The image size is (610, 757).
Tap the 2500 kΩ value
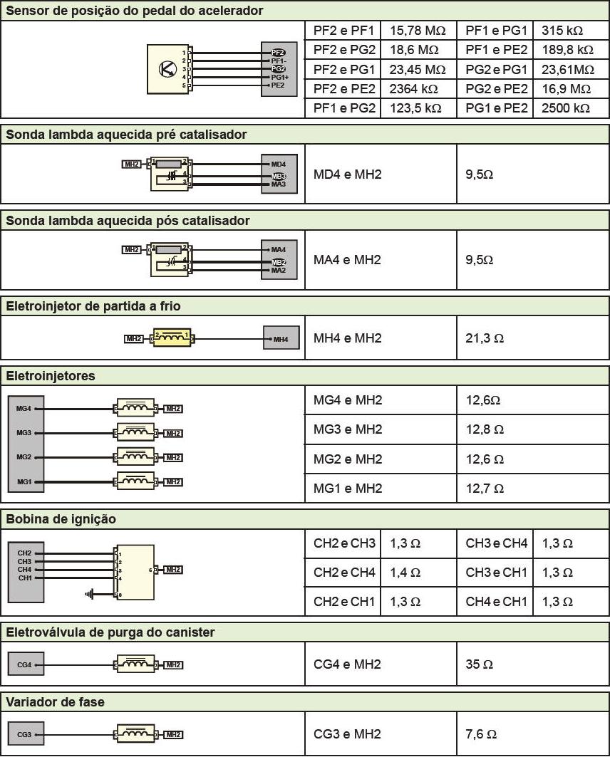coord(566,108)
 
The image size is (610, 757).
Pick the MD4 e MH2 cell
coord(348,174)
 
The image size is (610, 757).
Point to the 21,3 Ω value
coord(485,338)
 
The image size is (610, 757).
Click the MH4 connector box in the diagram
coord(281,339)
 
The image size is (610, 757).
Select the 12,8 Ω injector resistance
coord(485,429)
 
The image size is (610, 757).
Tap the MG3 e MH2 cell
coord(348,429)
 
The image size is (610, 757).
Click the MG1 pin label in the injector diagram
coord(24,482)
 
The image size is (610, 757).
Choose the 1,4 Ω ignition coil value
coord(405,572)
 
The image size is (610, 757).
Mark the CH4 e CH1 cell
coord(497,602)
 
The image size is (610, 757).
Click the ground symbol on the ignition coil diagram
coord(89,594)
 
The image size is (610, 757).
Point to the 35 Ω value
coord(479,664)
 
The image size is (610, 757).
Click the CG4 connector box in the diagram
coord(24,665)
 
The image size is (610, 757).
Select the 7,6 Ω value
coord(481,734)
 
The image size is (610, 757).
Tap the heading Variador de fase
coord(56,702)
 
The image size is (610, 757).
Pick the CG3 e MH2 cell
coord(347,734)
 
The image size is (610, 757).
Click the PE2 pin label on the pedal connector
coord(278,85)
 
